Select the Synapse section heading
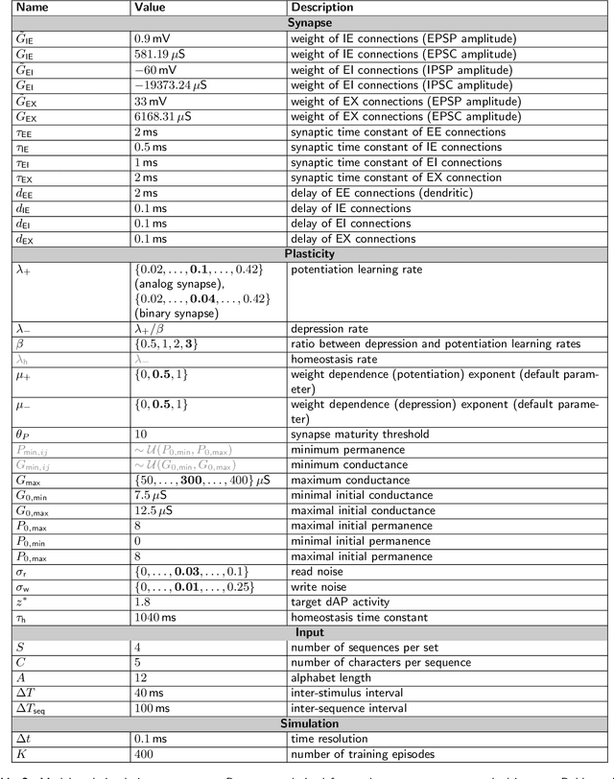tap(306, 23)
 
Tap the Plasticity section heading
tap(306, 253)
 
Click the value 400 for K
tap(145, 753)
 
